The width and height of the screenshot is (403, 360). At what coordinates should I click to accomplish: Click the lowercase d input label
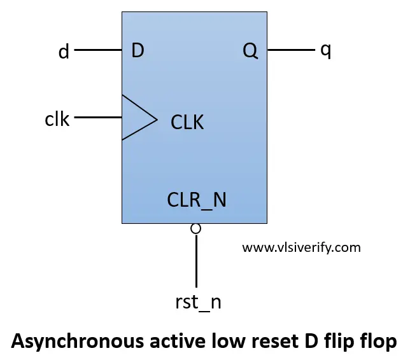(64, 52)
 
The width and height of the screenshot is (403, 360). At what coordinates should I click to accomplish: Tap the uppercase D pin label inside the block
(137, 51)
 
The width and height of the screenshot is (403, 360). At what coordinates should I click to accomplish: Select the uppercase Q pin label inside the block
(250, 51)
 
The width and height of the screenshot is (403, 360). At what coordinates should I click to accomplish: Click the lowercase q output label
(325, 51)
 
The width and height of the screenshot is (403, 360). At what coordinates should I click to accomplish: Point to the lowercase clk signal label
(57, 118)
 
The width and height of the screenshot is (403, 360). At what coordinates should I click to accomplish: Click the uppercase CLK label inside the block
(187, 122)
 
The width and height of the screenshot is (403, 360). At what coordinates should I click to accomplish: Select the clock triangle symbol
(138, 118)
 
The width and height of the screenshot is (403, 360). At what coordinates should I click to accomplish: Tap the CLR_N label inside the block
(197, 200)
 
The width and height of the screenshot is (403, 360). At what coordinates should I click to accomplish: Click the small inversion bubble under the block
(196, 228)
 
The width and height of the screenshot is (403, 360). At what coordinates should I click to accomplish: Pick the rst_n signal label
(197, 301)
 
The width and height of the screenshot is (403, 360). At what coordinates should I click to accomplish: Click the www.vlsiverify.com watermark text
(301, 247)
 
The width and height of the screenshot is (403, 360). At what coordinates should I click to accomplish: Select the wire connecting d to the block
(99, 50)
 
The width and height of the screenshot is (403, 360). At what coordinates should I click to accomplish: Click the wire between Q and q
(290, 50)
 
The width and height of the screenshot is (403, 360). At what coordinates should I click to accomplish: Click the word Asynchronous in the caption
(67, 342)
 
